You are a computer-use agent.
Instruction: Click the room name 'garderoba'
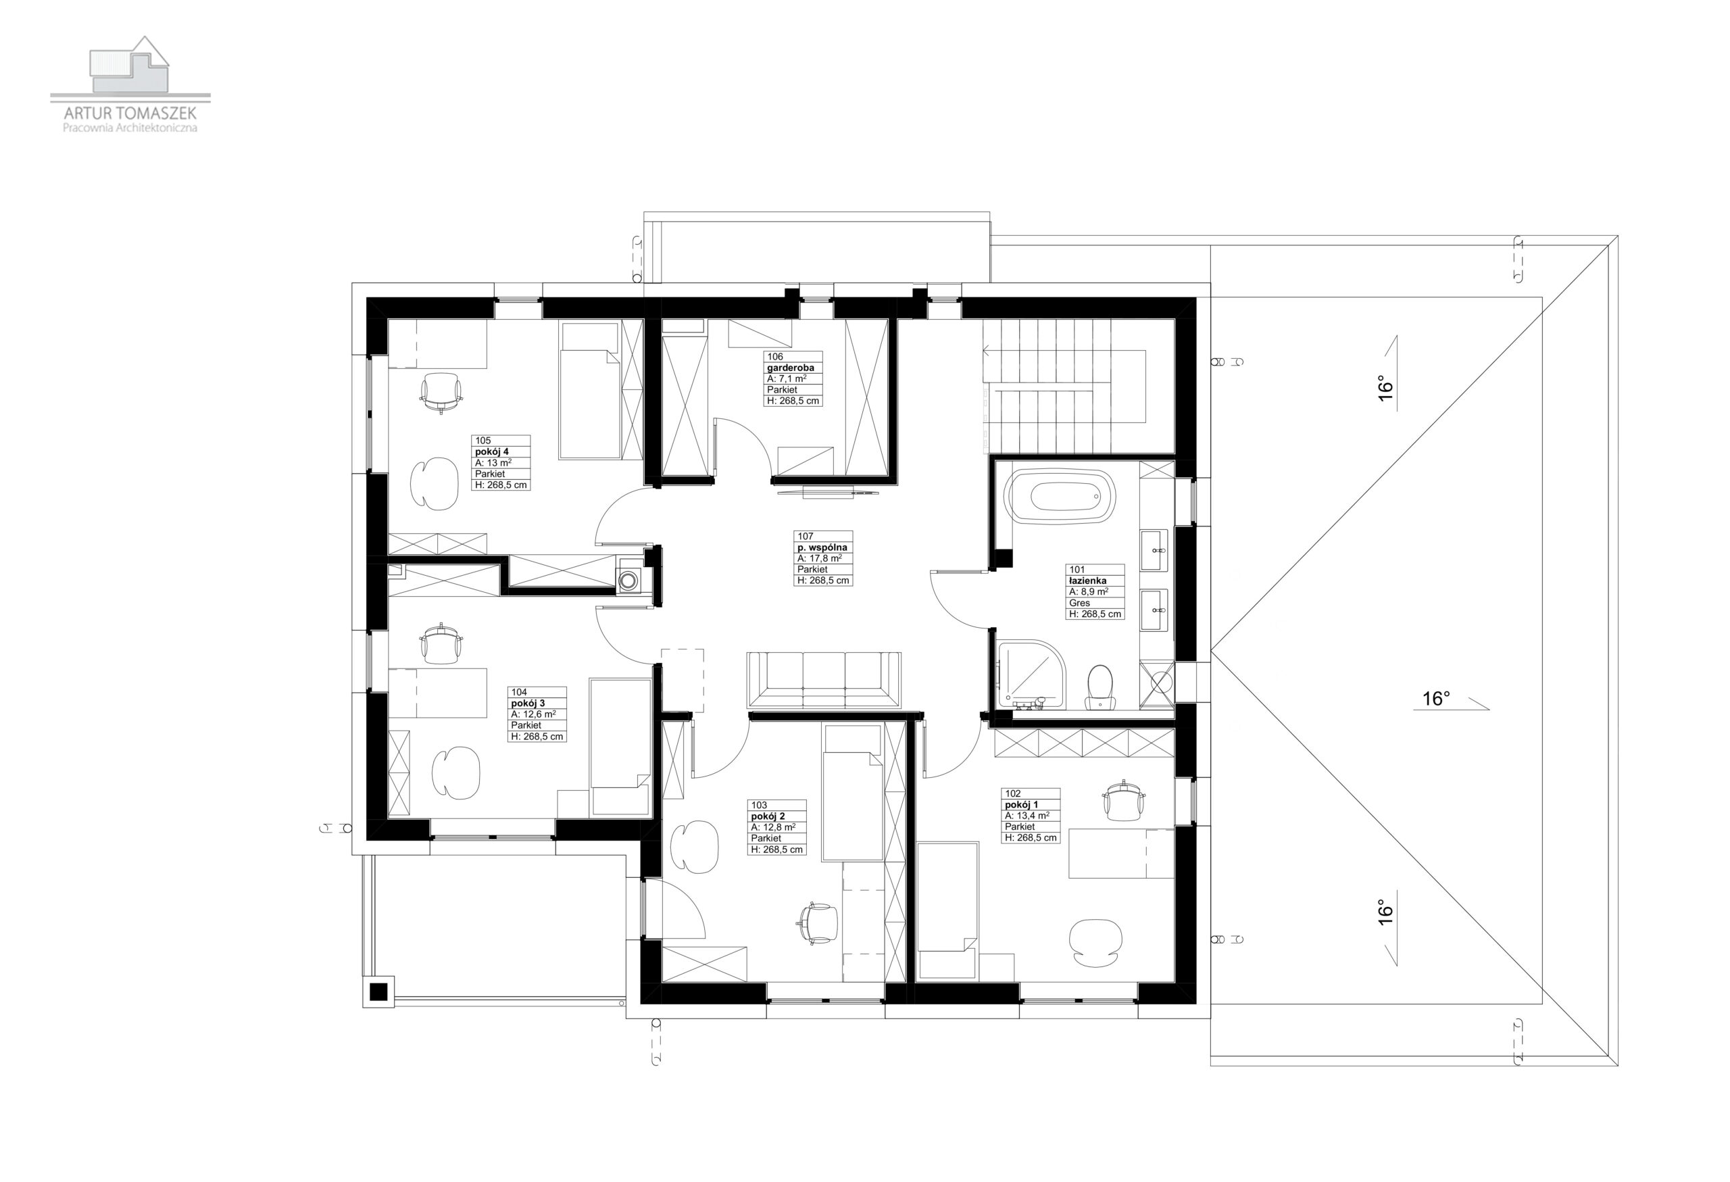coord(791,368)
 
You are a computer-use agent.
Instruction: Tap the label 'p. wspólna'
coord(822,547)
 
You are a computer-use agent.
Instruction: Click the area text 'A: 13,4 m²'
coord(1027,815)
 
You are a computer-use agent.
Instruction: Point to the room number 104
coord(519,692)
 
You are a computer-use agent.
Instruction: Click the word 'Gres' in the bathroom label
coord(1079,603)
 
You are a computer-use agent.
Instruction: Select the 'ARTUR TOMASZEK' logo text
coord(130,113)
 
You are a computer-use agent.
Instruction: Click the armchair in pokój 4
coord(434,484)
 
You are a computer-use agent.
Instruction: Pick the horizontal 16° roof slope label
coord(1436,699)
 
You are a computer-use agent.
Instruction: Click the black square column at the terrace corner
coord(379,991)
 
